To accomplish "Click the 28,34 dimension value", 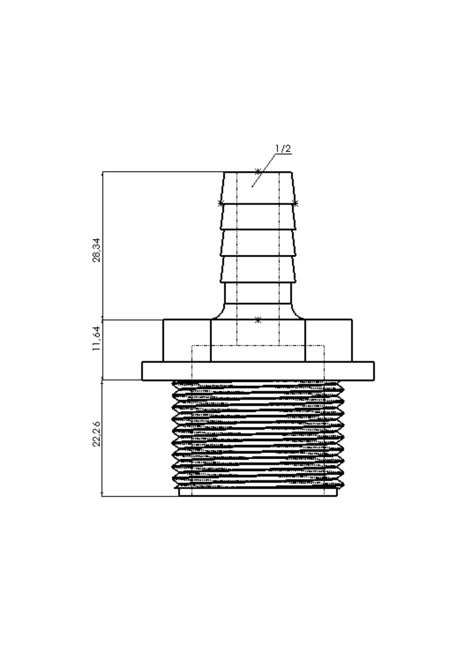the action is pyautogui.click(x=96, y=250).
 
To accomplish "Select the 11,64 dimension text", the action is pyautogui.click(x=96, y=339).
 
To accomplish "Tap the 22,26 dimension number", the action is pyautogui.click(x=96, y=434).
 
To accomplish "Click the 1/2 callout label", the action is pyautogui.click(x=283, y=149).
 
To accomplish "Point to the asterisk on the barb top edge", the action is pyautogui.click(x=258, y=172).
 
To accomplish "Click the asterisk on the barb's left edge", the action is pyautogui.click(x=221, y=203).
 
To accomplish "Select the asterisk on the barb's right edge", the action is pyautogui.click(x=295, y=203).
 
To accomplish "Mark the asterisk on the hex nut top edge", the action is pyautogui.click(x=258, y=320).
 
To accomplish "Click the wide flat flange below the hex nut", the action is pyautogui.click(x=258, y=371).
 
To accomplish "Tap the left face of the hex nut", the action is pyautogui.click(x=187, y=341).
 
